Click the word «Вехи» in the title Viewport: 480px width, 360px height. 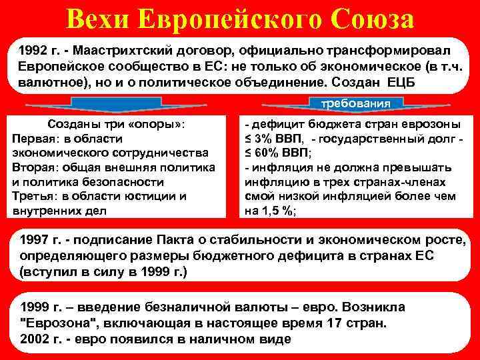(x=98, y=19)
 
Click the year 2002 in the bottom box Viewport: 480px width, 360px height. (x=35, y=338)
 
